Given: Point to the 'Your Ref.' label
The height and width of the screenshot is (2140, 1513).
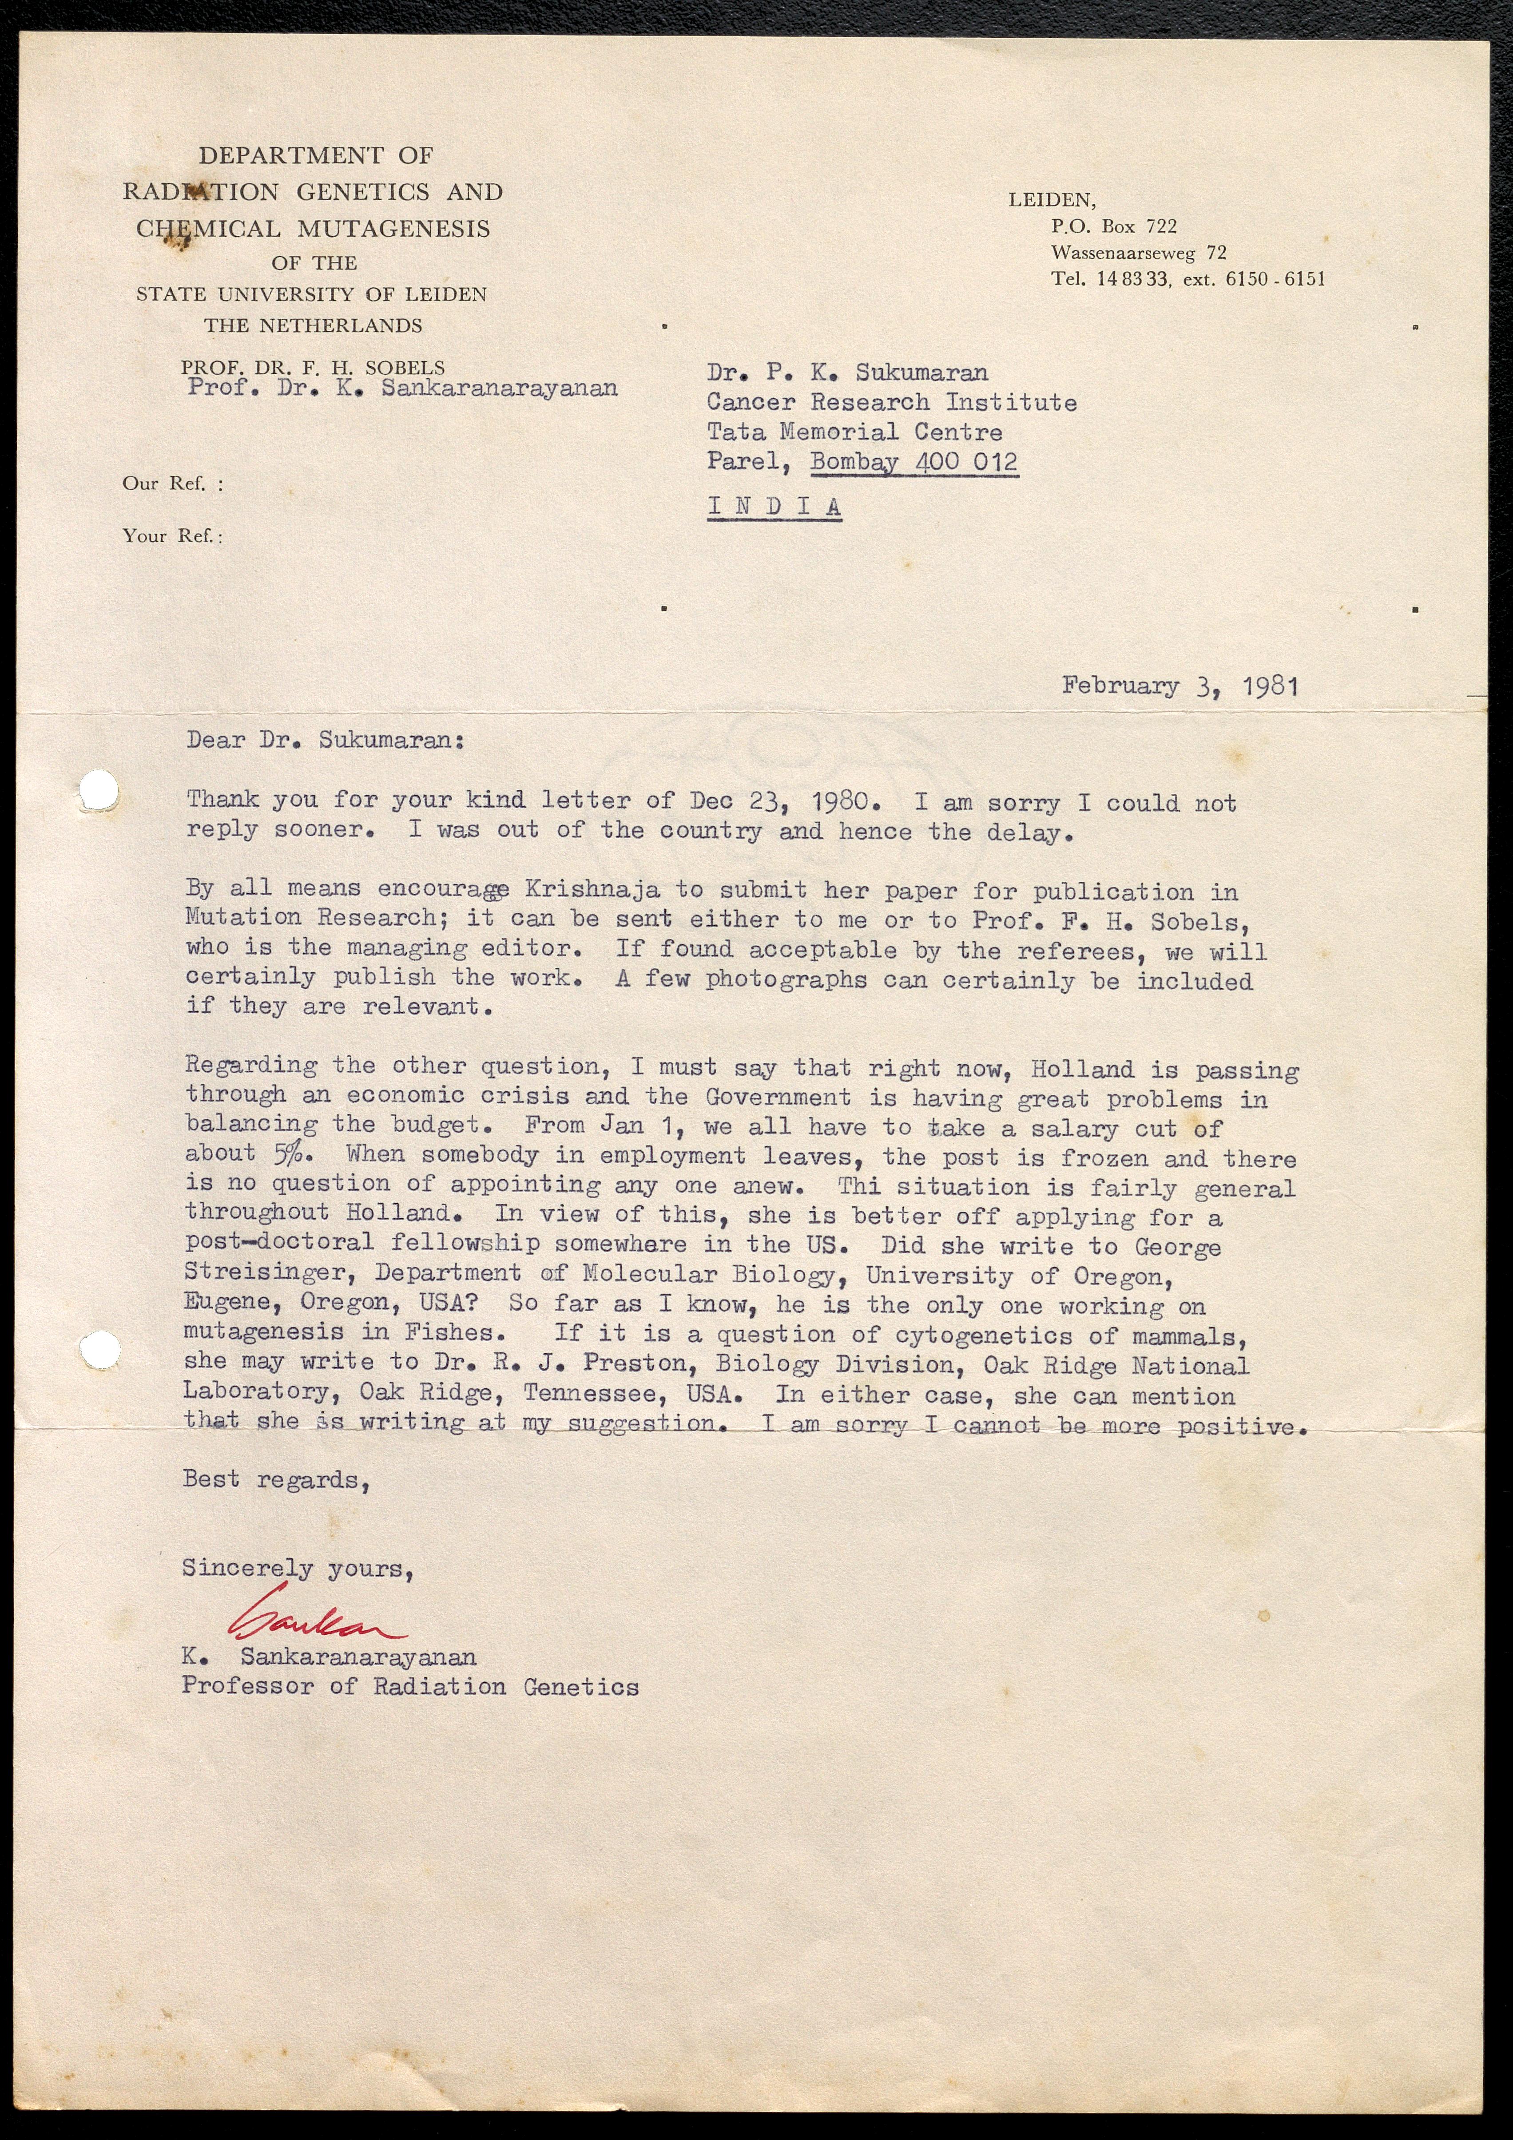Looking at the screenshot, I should coord(172,536).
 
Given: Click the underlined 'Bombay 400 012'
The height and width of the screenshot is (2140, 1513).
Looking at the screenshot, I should coord(913,462).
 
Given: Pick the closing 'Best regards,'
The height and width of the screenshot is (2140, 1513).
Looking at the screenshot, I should coord(276,1480).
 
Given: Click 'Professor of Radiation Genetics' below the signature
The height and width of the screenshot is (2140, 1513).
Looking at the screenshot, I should coord(410,1686).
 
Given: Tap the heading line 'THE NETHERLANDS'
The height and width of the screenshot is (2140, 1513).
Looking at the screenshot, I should coord(313,325).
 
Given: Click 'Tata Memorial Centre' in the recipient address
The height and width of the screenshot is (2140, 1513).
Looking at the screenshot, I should coord(854,432).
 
